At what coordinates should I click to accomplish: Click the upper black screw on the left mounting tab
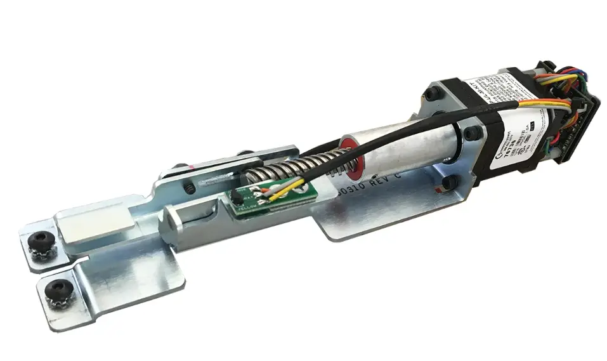click(42, 242)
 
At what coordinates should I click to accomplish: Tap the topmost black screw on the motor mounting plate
click(434, 93)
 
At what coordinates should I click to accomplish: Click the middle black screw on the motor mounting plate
click(472, 133)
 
